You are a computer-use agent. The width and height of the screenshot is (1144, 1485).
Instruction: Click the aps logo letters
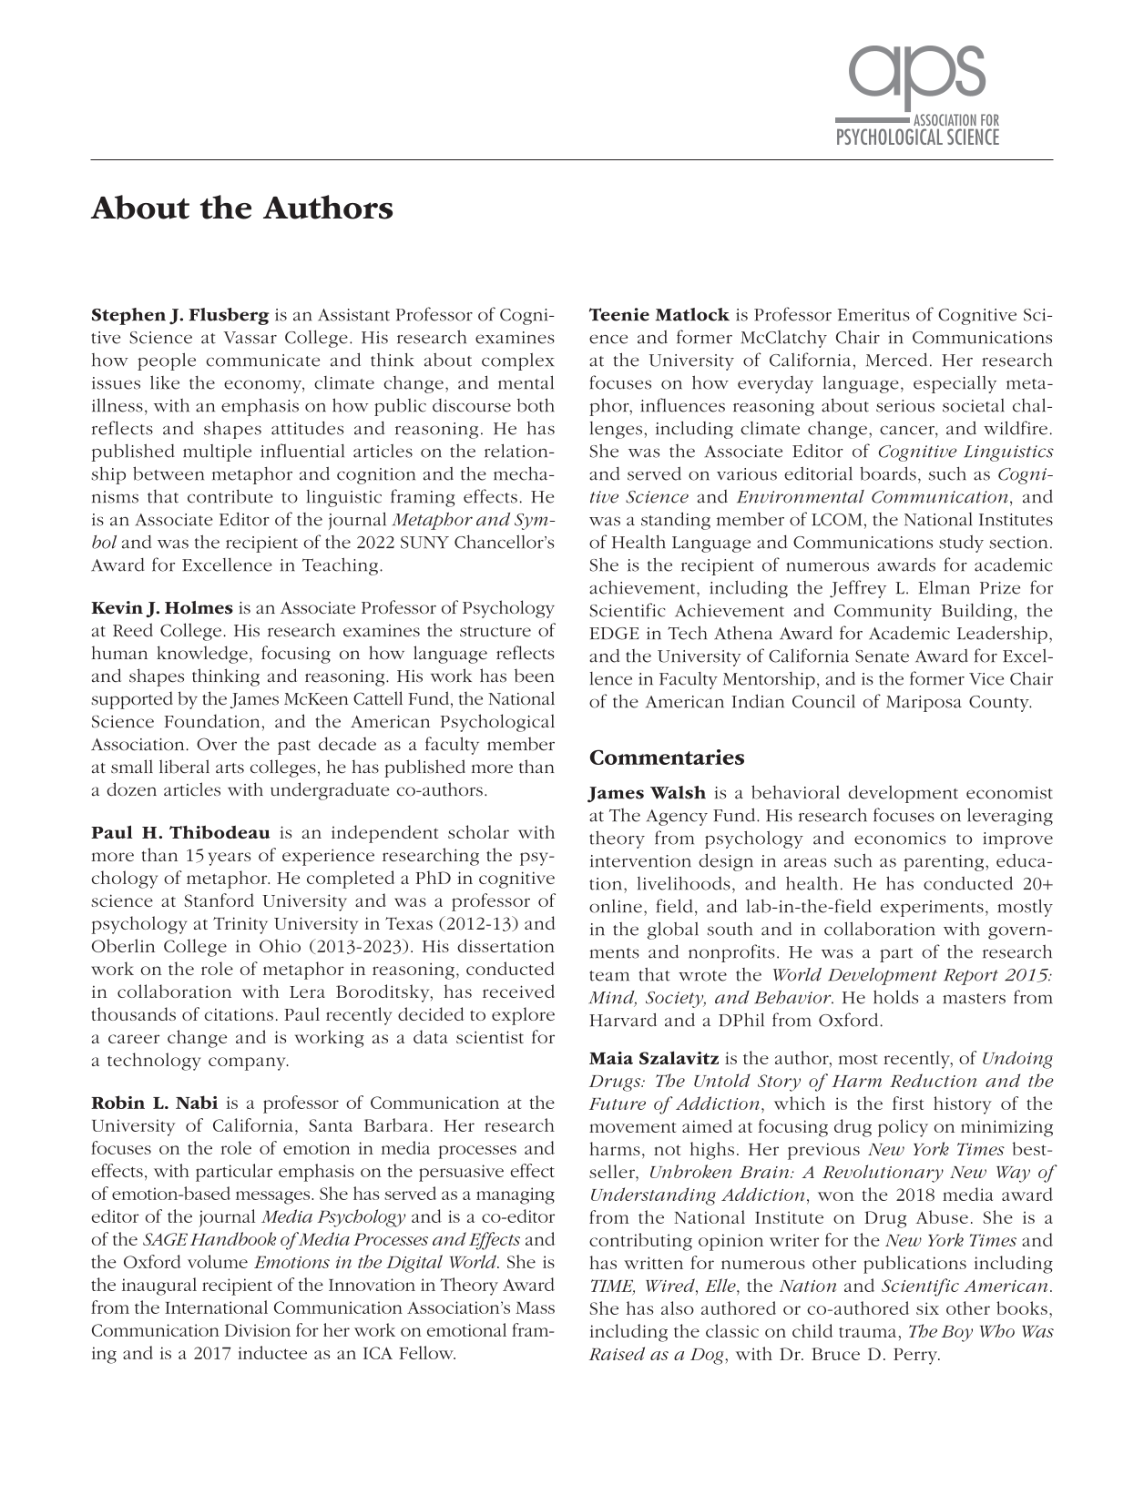click(x=916, y=73)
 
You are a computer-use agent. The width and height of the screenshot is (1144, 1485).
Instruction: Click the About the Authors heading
click(x=242, y=209)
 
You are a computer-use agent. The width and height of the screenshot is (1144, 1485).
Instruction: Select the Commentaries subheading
click(x=667, y=758)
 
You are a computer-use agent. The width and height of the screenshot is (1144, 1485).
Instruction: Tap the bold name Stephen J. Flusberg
click(x=180, y=315)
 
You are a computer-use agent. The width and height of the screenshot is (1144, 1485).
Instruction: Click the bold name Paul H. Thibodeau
click(x=180, y=832)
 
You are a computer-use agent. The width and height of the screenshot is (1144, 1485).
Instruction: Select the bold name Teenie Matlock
click(x=659, y=315)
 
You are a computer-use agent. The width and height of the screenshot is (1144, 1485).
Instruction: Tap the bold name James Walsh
click(x=646, y=793)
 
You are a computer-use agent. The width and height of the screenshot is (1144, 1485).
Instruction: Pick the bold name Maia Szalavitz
click(x=654, y=1058)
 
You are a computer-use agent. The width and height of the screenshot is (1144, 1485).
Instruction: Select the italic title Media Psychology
click(x=333, y=1216)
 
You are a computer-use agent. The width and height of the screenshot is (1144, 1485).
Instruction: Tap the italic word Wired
click(x=669, y=1286)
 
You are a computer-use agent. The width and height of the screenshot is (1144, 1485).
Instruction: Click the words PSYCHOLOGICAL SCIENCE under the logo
click(x=917, y=138)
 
